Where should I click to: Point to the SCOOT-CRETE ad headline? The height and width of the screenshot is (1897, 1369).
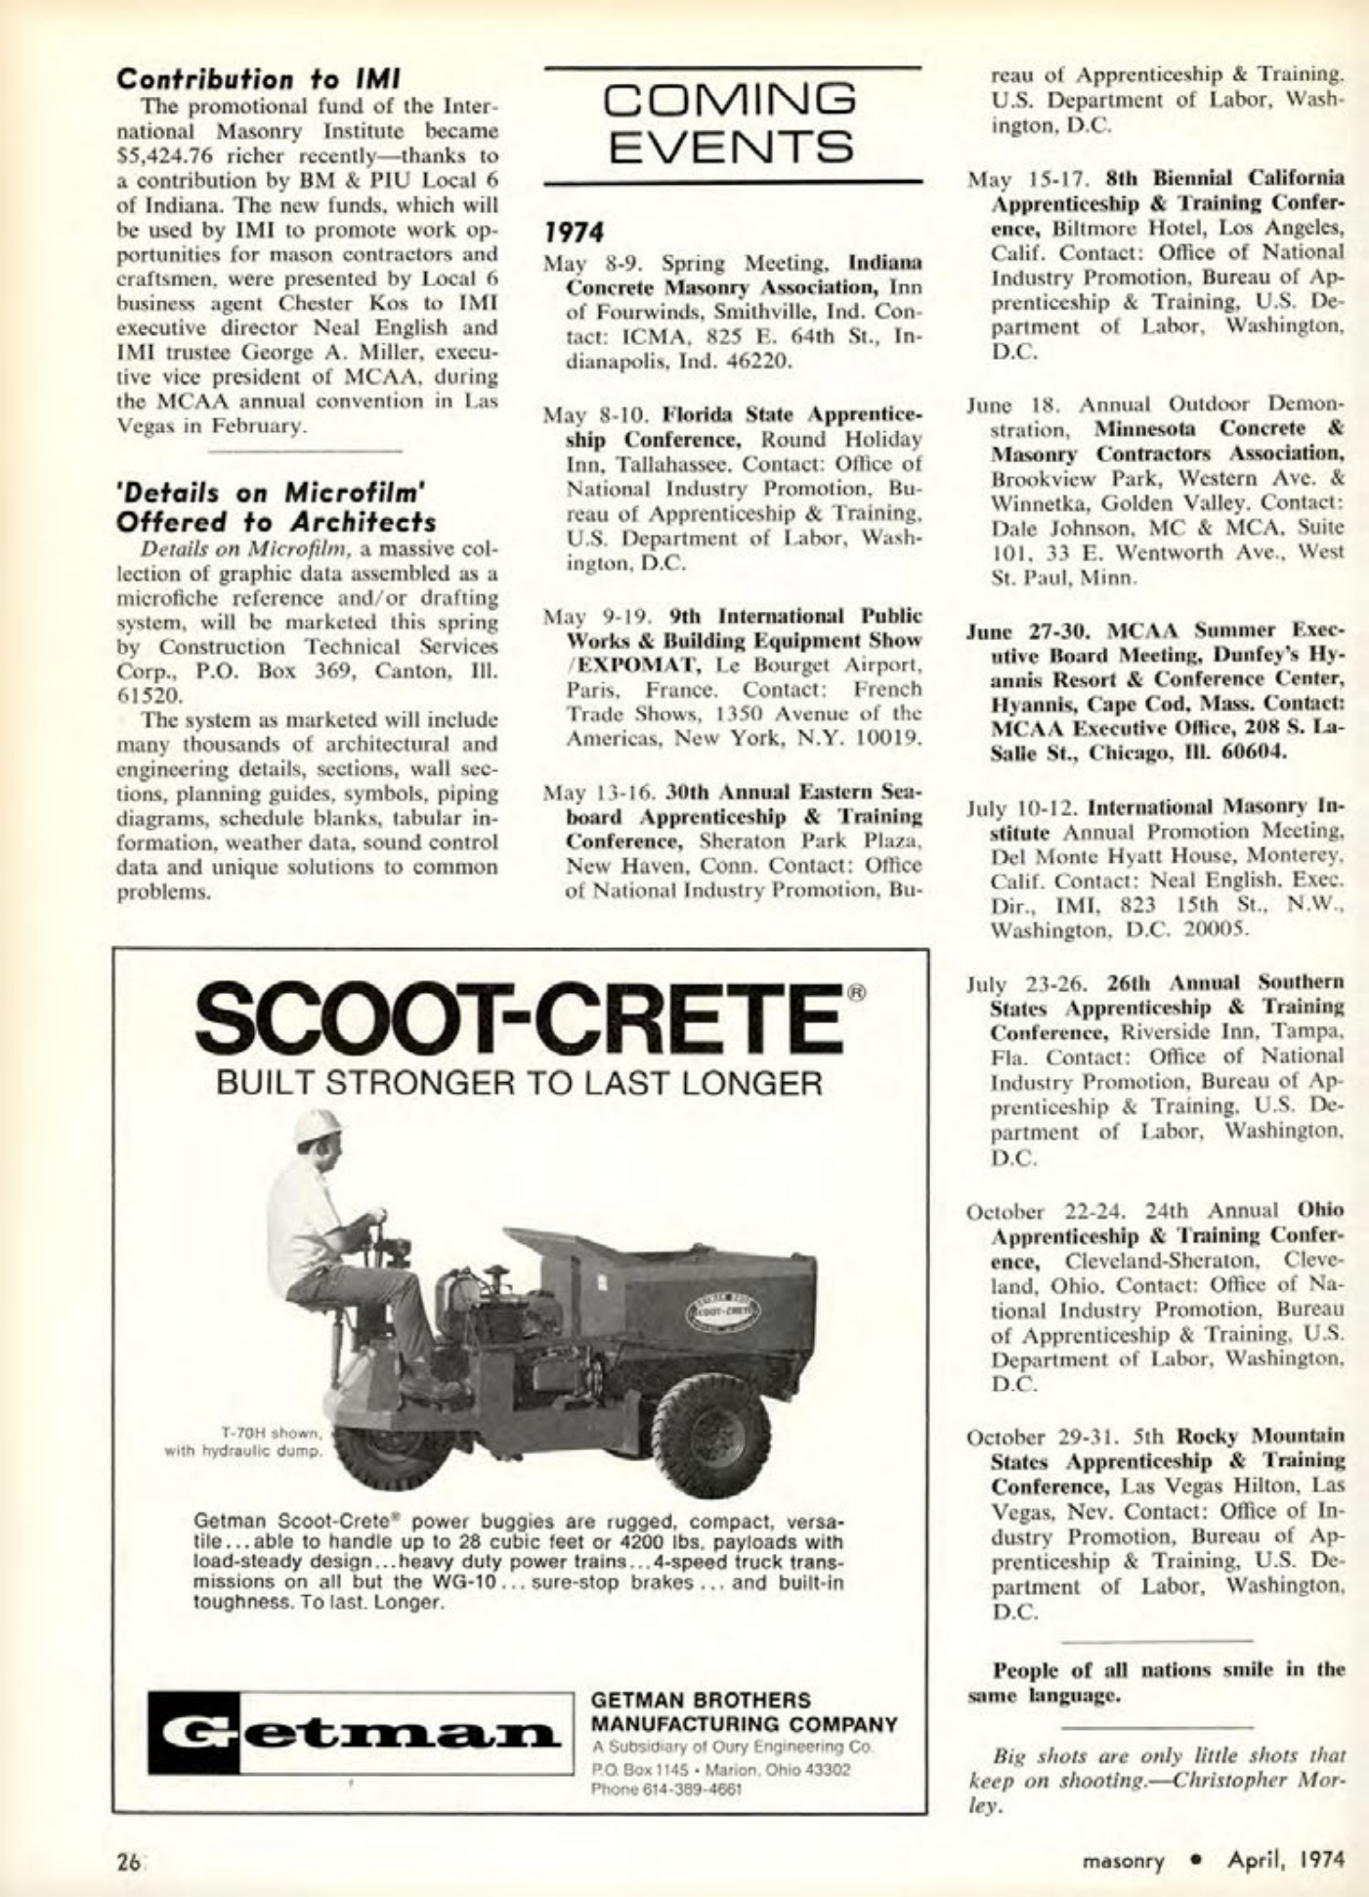(x=520, y=1020)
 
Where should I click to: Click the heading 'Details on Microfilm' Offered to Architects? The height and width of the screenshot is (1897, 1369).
(x=276, y=505)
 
